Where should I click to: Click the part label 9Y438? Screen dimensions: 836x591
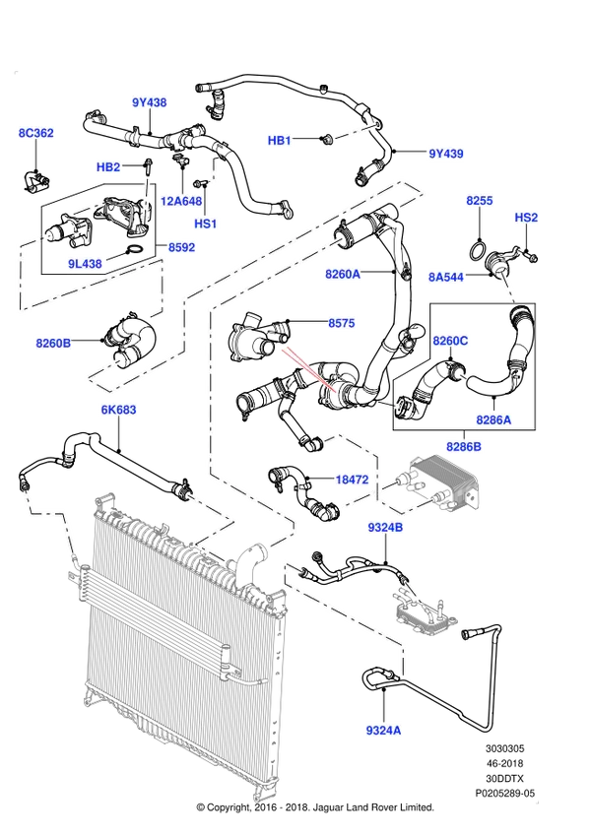pyautogui.click(x=150, y=102)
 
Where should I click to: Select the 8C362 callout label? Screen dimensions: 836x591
pyautogui.click(x=36, y=133)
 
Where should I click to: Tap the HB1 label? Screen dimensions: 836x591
pyautogui.click(x=280, y=141)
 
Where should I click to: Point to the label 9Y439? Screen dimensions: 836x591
pyautogui.click(x=445, y=154)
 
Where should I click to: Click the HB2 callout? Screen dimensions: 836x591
pyautogui.click(x=108, y=167)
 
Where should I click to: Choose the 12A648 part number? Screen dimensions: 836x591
pyautogui.click(x=181, y=201)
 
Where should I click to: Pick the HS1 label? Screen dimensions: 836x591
pyautogui.click(x=205, y=224)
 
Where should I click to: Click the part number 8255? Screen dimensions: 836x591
pyautogui.click(x=480, y=201)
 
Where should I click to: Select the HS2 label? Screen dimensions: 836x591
pyautogui.click(x=526, y=218)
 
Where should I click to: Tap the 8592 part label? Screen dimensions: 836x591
pyautogui.click(x=181, y=247)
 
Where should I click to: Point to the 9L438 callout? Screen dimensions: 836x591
pyautogui.click(x=85, y=264)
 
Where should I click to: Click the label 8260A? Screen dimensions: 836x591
pyautogui.click(x=343, y=275)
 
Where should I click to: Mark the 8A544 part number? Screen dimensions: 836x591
pyautogui.click(x=445, y=278)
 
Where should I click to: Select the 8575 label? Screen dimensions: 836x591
pyautogui.click(x=341, y=323)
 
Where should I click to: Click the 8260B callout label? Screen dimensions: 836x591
pyautogui.click(x=53, y=343)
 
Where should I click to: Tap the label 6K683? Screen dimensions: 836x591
pyautogui.click(x=118, y=410)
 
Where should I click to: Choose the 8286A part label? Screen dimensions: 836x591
pyautogui.click(x=493, y=419)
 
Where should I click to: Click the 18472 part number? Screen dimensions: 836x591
pyautogui.click(x=352, y=481)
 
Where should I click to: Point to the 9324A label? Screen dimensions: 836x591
pyautogui.click(x=383, y=731)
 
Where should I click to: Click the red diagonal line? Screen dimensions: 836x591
pyautogui.click(x=308, y=370)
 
